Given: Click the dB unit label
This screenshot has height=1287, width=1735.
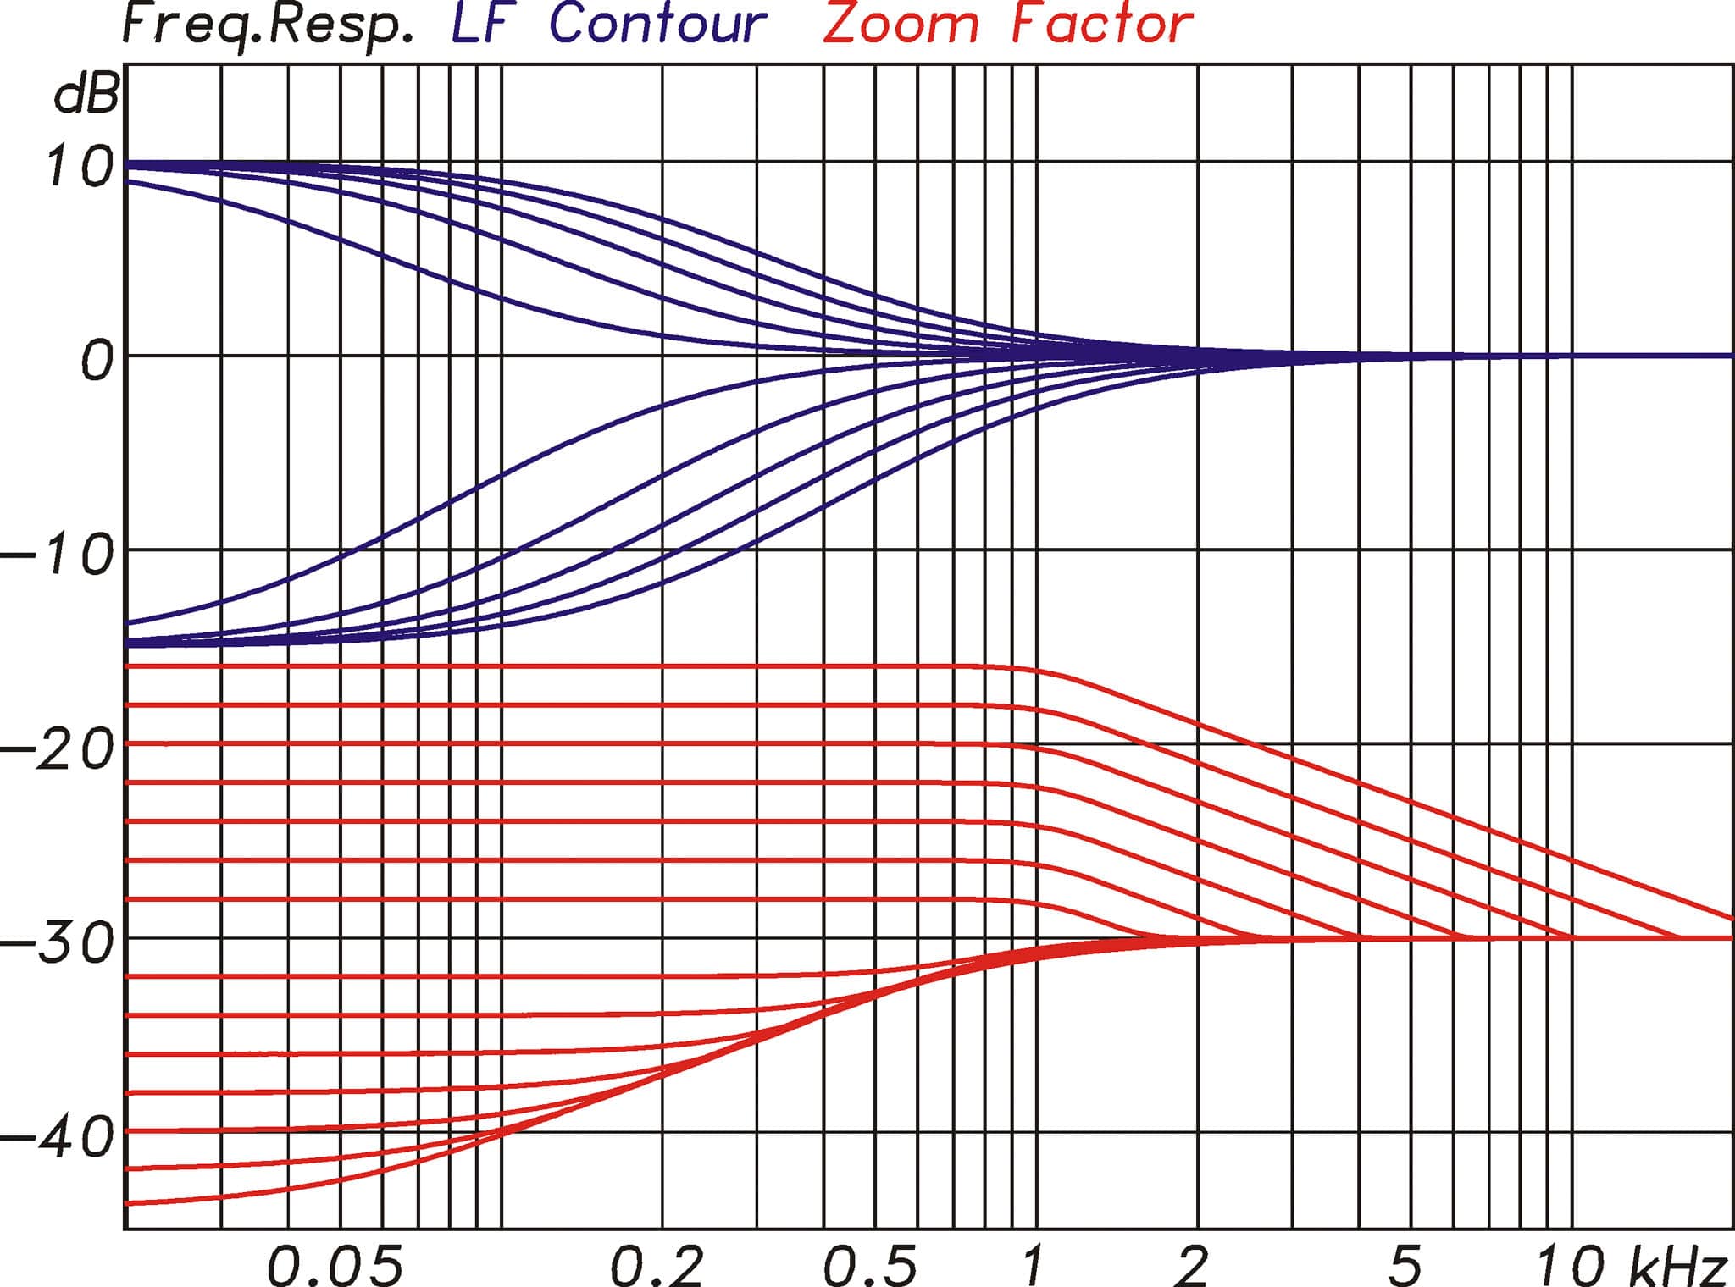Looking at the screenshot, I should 86,95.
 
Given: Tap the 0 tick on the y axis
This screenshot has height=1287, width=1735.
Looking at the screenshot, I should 96,362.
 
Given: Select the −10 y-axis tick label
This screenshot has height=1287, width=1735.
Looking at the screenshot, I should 58,556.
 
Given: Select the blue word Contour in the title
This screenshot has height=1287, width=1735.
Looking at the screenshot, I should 657,24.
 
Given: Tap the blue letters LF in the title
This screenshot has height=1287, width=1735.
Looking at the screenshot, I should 482,24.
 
